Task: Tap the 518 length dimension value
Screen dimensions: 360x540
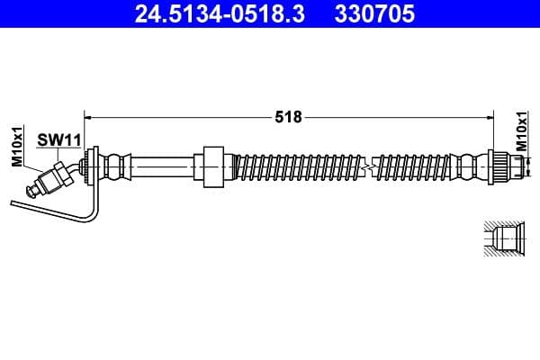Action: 289,116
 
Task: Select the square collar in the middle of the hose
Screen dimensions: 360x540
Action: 212,166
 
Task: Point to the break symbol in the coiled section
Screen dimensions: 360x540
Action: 367,167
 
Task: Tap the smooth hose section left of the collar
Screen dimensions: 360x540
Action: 162,166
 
